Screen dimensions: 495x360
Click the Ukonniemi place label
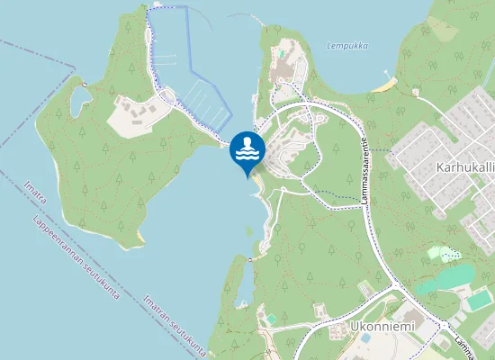(382, 326)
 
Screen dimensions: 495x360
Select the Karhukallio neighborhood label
(464, 167)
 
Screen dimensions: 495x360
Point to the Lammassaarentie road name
(366, 171)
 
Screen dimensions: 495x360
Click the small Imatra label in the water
(32, 193)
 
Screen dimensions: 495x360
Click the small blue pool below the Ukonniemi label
(365, 339)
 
